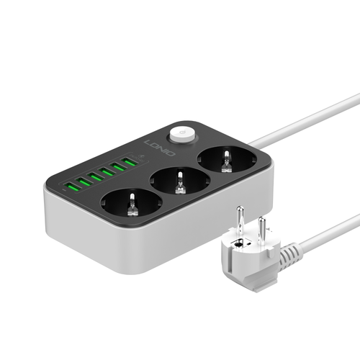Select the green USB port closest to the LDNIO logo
129,162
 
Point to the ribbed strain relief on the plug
292,253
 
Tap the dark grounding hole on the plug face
238,249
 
